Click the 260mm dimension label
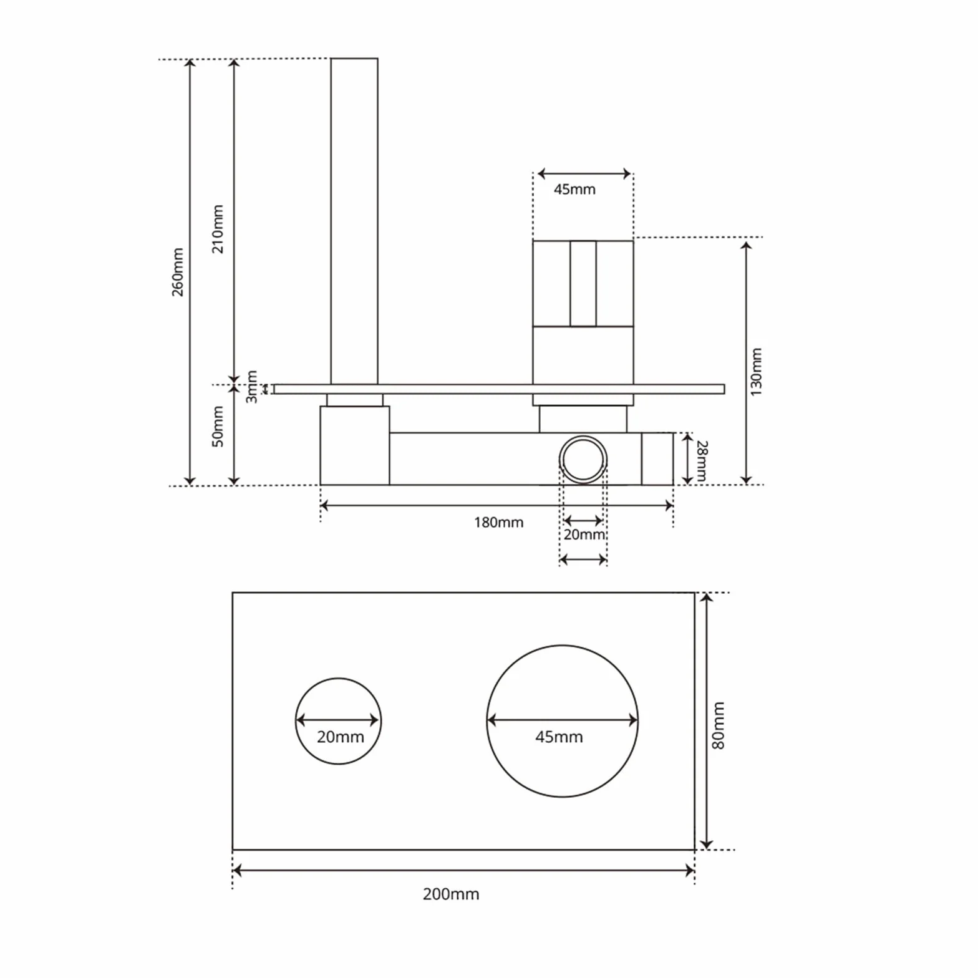tap(178, 272)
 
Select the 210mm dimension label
tap(218, 229)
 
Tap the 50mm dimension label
tap(218, 426)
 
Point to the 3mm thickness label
tap(251, 387)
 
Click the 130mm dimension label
tap(756, 372)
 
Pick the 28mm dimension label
tap(702, 461)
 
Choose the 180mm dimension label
tap(498, 522)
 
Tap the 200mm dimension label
tap(451, 894)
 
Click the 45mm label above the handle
tap(574, 189)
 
